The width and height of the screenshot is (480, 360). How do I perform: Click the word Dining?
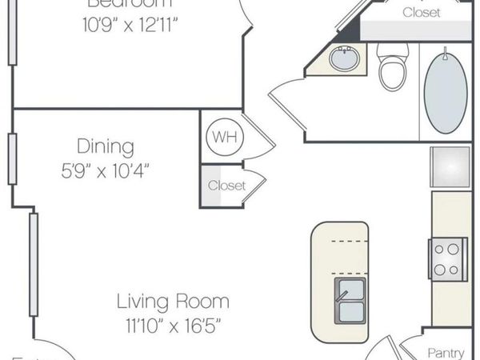point(105,146)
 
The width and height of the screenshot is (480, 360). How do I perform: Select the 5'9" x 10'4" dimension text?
point(105,170)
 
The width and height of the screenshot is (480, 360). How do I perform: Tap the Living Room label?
point(173,302)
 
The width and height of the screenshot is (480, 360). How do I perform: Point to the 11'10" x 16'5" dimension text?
point(173,325)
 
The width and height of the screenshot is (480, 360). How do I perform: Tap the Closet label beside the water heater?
point(226,186)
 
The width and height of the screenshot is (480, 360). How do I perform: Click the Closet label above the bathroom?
point(421,12)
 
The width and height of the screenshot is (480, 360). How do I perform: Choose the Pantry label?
point(446,352)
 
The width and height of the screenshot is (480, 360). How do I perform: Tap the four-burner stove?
point(446,258)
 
